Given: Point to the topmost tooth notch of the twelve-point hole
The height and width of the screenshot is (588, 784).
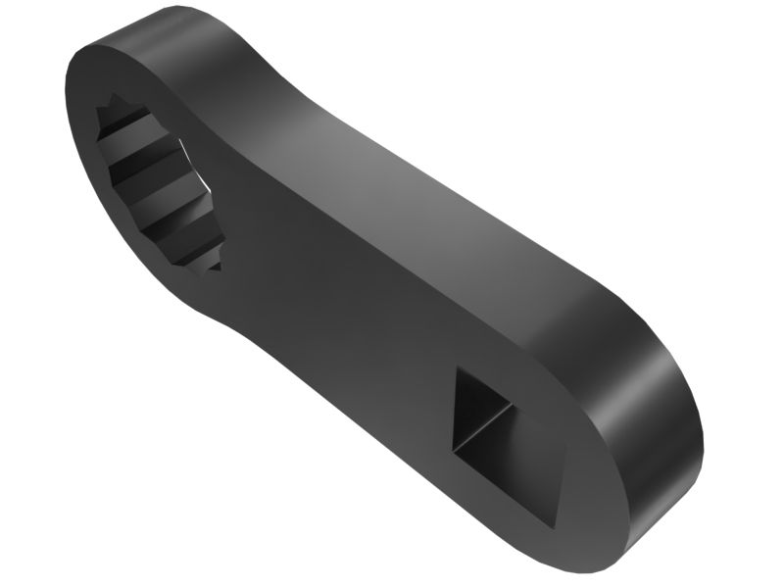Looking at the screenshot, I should (116, 101).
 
